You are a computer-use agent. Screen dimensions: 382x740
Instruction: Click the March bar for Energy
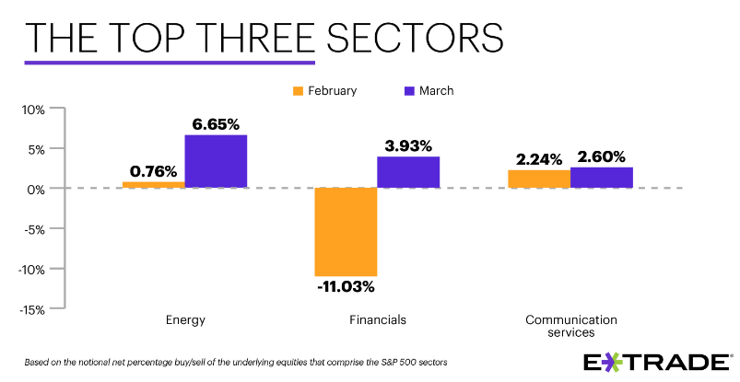216,161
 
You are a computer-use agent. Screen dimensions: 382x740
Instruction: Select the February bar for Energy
153,184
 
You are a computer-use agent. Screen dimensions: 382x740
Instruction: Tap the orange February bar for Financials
346,231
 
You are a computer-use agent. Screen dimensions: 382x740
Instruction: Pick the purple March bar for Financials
408,172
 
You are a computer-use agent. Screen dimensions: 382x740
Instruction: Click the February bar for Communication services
539,179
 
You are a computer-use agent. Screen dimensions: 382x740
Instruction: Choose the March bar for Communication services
601,177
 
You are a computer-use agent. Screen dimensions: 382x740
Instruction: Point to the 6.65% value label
216,123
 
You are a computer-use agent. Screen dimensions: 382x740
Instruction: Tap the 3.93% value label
408,145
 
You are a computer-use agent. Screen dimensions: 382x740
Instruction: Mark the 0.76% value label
153,170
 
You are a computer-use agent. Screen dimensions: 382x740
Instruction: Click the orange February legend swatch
298,90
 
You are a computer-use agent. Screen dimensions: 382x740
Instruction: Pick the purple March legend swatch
411,90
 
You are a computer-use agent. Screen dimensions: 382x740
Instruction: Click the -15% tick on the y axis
31,309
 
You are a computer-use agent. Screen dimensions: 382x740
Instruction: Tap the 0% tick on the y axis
37,189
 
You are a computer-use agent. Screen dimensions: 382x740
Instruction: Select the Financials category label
377,320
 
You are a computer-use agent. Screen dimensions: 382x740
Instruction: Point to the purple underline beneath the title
170,63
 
